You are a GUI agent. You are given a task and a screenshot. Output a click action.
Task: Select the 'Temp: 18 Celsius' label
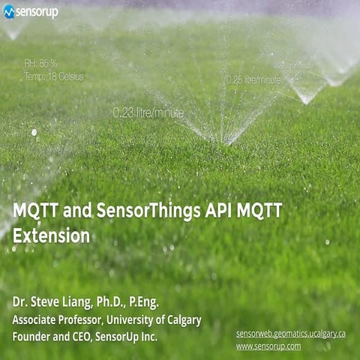[x=53, y=76]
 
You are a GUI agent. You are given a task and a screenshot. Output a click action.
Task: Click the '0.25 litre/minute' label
[x=253, y=79]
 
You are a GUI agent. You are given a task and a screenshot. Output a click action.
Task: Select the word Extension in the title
[x=51, y=235]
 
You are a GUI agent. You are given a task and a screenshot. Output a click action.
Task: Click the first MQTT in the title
[x=36, y=211]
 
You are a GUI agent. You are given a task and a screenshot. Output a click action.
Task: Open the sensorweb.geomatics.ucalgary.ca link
[x=290, y=333]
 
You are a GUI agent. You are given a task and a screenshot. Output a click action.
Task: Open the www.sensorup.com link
[x=268, y=346]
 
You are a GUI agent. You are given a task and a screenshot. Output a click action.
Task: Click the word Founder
[x=31, y=337]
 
